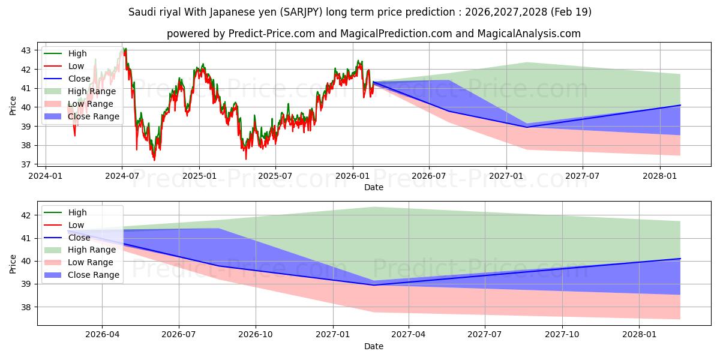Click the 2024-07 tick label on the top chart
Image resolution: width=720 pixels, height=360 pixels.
point(122,176)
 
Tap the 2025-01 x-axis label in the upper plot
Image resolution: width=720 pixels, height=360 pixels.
point(199,176)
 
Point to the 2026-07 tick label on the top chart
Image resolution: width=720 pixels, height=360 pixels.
point(429,176)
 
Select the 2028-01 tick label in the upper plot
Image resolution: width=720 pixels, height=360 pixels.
point(660,176)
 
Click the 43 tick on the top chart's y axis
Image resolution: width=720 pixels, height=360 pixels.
point(26,50)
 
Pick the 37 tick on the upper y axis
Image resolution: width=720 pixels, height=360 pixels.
point(26,164)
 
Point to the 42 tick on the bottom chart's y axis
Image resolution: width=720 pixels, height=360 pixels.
point(26,215)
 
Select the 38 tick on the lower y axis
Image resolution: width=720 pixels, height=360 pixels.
point(26,307)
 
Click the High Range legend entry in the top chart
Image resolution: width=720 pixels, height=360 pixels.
point(91,91)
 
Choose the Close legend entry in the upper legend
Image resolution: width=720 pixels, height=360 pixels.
point(79,79)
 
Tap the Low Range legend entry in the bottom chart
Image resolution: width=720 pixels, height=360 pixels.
point(90,262)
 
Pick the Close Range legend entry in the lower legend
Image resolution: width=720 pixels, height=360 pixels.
point(93,275)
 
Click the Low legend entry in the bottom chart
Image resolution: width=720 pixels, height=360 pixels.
point(76,225)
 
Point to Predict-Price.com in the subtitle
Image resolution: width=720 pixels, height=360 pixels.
point(272,34)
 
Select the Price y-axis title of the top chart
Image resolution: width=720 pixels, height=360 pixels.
point(13,106)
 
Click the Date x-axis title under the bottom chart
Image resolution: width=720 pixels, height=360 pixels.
point(373,346)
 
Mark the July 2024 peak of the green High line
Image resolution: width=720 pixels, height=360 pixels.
point(124,48)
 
